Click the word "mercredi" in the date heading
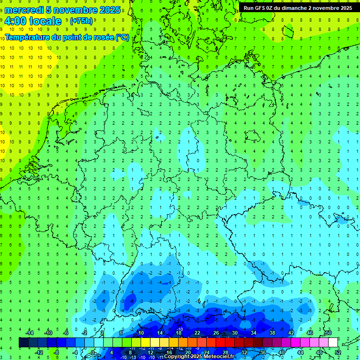click(x=25, y=10)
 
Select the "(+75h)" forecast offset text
click(x=81, y=21)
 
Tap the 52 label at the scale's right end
click(x=338, y=352)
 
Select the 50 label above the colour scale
click(x=329, y=333)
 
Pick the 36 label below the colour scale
click(x=263, y=352)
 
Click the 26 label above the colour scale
click(x=216, y=333)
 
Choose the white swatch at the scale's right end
click(x=333, y=342)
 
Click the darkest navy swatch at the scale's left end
click(x=24, y=342)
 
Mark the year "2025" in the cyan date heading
click(x=107, y=10)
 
